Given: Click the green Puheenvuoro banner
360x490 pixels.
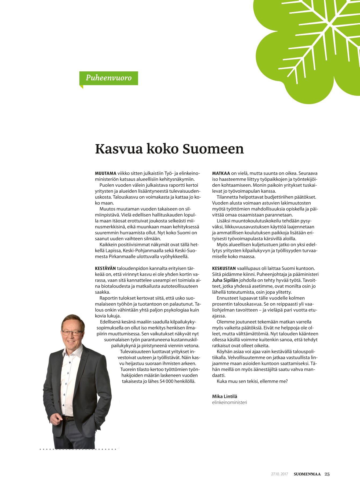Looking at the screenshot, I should [x=108, y=78].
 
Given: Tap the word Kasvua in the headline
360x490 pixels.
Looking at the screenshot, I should [x=119, y=149].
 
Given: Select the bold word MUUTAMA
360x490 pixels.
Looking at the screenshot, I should [x=106, y=173].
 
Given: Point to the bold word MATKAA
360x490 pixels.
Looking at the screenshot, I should [x=221, y=173].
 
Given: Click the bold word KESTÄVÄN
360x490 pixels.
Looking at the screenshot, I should [x=105, y=268].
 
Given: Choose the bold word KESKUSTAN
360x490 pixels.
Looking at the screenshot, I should [x=224, y=268].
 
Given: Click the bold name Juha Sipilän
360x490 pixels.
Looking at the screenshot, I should [x=225, y=280].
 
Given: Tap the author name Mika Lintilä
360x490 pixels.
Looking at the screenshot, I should [x=224, y=396].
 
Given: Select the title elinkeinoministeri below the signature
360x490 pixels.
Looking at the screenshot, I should [x=229, y=402].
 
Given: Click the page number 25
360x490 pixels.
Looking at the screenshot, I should [x=327, y=474].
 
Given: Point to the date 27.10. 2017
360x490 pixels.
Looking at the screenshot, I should [x=279, y=474].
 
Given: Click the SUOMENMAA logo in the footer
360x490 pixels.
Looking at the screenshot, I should [x=307, y=474].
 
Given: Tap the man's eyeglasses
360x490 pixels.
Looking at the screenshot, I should [x=72, y=333].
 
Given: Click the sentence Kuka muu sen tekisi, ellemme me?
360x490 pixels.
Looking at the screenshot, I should [x=252, y=381].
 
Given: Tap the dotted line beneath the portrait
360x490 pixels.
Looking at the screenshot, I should [x=78, y=449].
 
